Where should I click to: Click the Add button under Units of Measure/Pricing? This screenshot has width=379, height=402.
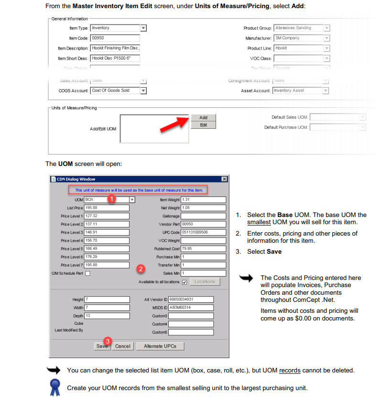[x=203, y=117]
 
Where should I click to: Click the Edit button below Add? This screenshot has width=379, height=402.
[x=203, y=125]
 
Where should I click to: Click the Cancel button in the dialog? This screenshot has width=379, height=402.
[x=122, y=346]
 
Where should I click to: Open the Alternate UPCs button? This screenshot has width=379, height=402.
[x=160, y=346]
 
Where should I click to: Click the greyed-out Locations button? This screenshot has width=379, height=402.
[x=205, y=282]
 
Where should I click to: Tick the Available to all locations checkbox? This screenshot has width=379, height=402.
[x=184, y=282]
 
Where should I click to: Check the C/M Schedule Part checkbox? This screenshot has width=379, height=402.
[x=87, y=273]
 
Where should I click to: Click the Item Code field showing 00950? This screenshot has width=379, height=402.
[x=115, y=38]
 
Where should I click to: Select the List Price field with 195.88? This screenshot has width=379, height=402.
[x=107, y=208]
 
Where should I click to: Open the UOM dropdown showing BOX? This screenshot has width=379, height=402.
[x=132, y=200]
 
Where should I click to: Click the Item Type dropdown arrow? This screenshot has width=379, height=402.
[x=143, y=28]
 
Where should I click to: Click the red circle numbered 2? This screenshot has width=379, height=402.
[x=141, y=269]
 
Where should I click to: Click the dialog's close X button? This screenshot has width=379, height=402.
[x=224, y=179]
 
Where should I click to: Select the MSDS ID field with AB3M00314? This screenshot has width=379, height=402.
[x=190, y=308]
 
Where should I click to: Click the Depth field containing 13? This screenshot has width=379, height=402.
[x=107, y=316]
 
